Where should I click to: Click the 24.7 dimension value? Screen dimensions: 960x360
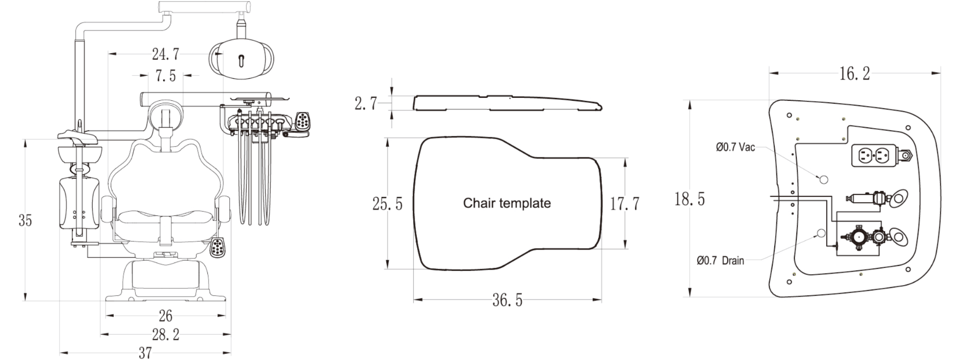tap(166, 54)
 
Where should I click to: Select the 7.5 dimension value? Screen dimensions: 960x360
tap(166, 75)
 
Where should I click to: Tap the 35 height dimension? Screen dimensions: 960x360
tap(25, 220)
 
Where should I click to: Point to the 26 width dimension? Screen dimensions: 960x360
tap(166, 316)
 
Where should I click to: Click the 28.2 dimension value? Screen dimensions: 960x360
tap(166, 335)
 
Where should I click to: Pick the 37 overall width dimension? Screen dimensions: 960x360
tap(145, 353)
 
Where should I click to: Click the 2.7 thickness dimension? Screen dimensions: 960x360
tap(366, 103)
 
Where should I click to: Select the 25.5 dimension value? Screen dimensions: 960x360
tap(387, 204)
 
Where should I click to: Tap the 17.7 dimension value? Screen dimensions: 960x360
tap(624, 204)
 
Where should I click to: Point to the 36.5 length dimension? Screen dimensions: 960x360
tap(507, 300)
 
